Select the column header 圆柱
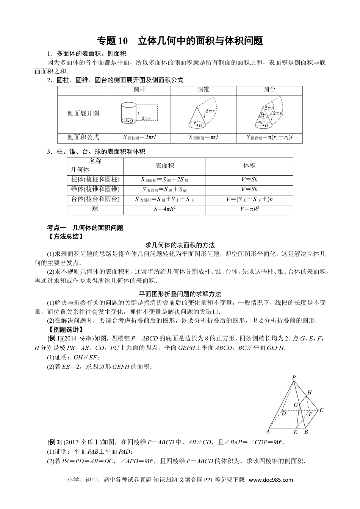click(x=140, y=90)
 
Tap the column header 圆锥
click(x=203, y=90)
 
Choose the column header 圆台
click(x=269, y=90)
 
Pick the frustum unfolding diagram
click(x=269, y=114)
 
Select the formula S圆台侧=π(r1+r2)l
click(x=269, y=137)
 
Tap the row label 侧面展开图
click(x=83, y=113)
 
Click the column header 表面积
click(x=165, y=166)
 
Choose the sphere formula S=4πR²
click(x=165, y=209)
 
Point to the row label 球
click(x=95, y=209)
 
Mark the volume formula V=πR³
click(x=249, y=209)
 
